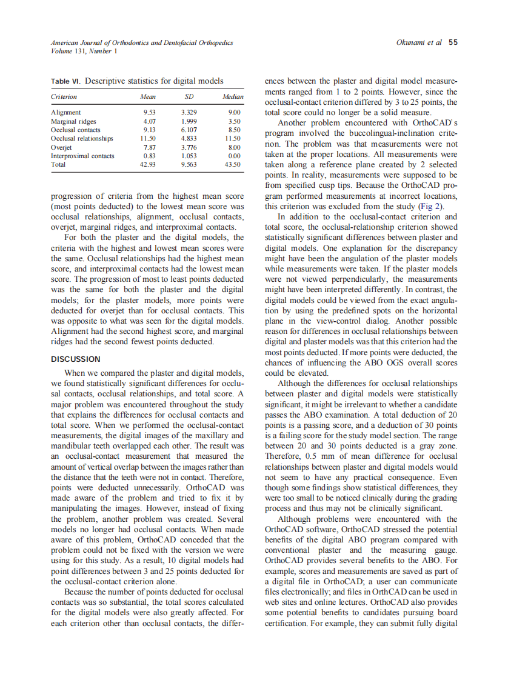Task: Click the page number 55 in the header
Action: (453, 42)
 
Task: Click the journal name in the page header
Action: (142, 42)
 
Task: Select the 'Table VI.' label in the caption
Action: (66, 81)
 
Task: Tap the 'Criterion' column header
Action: (64, 96)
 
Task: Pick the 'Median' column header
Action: (232, 96)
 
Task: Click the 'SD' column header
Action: (189, 96)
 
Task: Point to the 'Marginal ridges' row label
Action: (73, 121)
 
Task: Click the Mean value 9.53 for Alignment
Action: (149, 113)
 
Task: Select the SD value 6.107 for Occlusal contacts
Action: (189, 130)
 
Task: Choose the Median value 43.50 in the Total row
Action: (233, 164)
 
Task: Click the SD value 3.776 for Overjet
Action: (189, 147)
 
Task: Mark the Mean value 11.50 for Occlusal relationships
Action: (149, 138)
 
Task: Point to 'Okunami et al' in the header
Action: (418, 42)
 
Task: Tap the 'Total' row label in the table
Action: (58, 164)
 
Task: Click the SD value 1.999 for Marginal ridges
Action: (189, 121)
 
